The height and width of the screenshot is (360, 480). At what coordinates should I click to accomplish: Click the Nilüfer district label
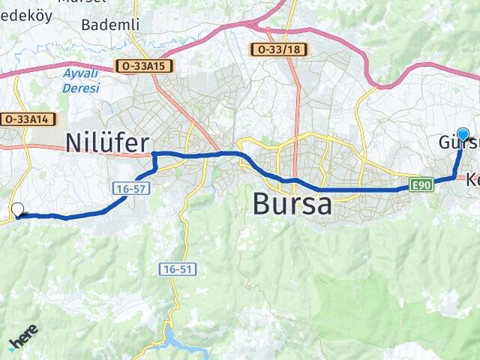[107, 142]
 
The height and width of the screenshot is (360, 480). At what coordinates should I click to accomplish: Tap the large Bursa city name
[292, 203]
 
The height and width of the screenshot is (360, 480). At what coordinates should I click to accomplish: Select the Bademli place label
[110, 25]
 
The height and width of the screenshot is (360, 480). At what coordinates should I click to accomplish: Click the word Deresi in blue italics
[82, 88]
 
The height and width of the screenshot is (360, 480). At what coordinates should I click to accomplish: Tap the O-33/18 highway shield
[278, 49]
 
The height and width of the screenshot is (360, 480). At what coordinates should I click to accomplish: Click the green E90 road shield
[421, 184]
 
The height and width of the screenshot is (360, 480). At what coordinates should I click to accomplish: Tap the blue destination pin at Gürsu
[463, 136]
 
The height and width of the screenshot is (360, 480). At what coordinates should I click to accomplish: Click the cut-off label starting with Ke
[472, 180]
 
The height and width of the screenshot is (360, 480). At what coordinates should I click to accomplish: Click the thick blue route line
[352, 190]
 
